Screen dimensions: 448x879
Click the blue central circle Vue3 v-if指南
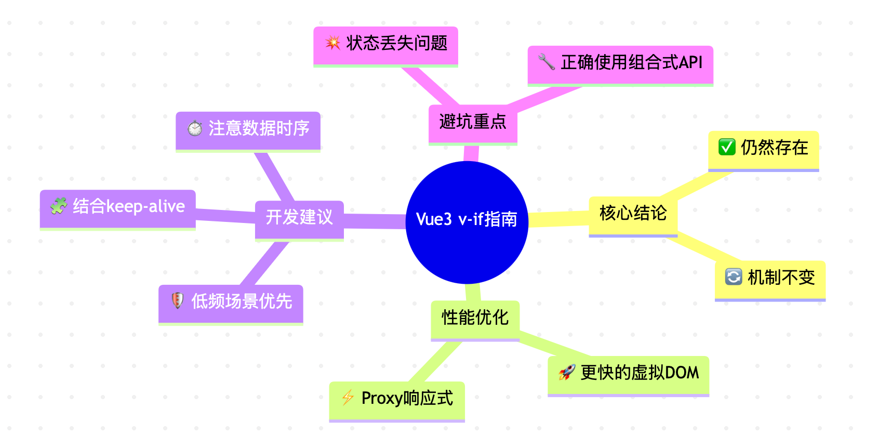[467, 222]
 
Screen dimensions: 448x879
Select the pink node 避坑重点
[472, 123]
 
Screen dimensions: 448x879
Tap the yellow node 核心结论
[633, 214]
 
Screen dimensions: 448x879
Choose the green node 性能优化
[475, 318]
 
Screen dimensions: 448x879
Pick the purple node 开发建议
[299, 217]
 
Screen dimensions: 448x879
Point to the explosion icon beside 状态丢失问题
[332, 43]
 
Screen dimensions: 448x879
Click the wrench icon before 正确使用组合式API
[547, 62]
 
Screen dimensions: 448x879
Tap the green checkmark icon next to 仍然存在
[726, 148]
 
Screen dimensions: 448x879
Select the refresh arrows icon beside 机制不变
[733, 277]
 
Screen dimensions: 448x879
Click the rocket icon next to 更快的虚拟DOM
[566, 372]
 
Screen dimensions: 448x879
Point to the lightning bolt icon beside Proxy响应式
[348, 398]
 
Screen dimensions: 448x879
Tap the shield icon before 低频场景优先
[177, 301]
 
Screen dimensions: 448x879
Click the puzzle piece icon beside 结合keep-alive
[58, 206]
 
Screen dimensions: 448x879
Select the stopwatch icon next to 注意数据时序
[195, 128]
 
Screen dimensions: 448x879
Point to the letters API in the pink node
[690, 63]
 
